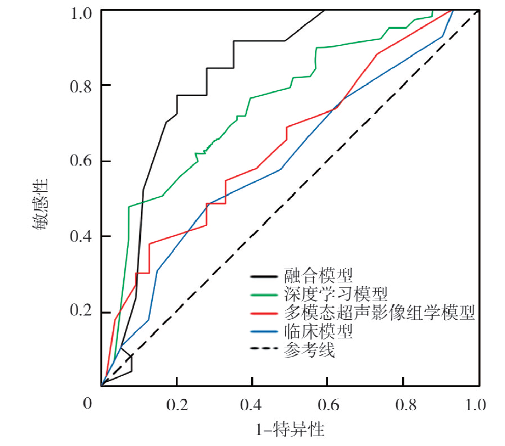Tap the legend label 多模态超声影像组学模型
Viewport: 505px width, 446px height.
pyautogui.click(x=380, y=313)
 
